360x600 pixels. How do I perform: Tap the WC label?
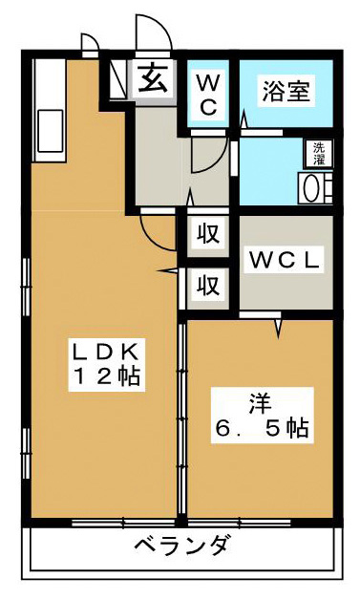(x=208, y=95)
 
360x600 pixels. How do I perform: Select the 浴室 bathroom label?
(x=286, y=91)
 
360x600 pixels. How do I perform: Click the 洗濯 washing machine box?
(x=319, y=154)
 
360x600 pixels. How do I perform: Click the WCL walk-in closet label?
(x=284, y=260)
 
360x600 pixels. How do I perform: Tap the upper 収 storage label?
(x=208, y=234)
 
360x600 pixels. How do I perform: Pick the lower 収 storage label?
(x=208, y=285)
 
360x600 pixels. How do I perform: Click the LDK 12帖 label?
(x=106, y=365)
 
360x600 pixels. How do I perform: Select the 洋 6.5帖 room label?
(x=262, y=416)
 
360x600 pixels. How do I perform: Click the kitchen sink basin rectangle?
(x=50, y=131)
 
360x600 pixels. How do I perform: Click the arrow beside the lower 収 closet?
(x=167, y=271)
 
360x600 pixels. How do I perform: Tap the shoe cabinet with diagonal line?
(x=117, y=79)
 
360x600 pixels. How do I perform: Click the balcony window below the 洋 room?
(x=239, y=523)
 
